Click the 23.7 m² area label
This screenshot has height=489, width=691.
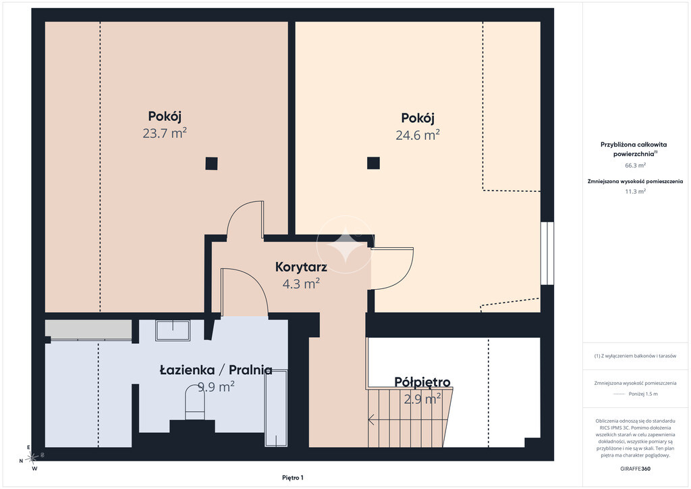click(x=165, y=133)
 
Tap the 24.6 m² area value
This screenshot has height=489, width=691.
click(x=417, y=134)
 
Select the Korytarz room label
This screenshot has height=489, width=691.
click(x=301, y=267)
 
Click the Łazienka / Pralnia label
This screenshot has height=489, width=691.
click(x=216, y=370)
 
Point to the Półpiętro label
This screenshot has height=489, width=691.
click(x=422, y=382)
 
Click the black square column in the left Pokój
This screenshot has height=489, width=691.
click(x=211, y=163)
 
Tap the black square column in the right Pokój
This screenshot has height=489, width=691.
click(x=373, y=163)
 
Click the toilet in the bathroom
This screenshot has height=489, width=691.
click(x=195, y=402)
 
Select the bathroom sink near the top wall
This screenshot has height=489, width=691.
click(x=173, y=330)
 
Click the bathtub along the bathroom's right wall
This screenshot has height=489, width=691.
click(x=276, y=408)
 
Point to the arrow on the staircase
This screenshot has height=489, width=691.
click(x=372, y=419)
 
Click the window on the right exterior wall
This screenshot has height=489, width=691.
click(x=547, y=253)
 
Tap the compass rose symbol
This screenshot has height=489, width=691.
click(x=32, y=458)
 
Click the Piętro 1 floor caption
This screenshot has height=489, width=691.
click(x=293, y=478)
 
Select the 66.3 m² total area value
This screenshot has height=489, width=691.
click(x=635, y=165)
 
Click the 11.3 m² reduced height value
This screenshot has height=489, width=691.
click(x=635, y=191)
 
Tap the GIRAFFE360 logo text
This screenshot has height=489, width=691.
click(x=635, y=469)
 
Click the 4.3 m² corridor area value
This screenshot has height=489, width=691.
click(x=301, y=284)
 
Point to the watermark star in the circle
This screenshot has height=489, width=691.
click(x=345, y=244)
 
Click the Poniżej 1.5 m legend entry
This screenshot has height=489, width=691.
click(x=635, y=394)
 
